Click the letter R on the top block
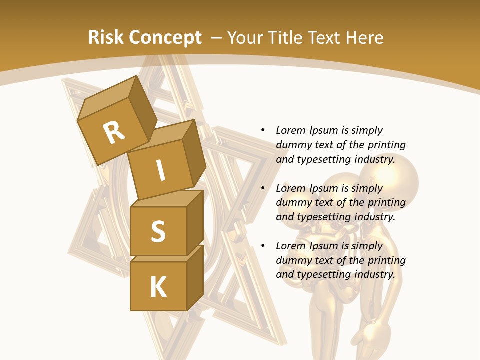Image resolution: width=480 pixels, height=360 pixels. [x=114, y=133]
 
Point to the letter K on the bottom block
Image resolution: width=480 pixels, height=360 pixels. [x=158, y=287]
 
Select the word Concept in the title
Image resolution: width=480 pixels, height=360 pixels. [x=165, y=37]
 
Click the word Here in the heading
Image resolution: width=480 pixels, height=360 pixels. [x=365, y=37]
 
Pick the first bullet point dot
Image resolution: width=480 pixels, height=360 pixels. [x=263, y=130]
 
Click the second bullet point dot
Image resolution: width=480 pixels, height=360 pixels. [x=263, y=188]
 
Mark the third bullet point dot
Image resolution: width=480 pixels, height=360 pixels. [x=263, y=246]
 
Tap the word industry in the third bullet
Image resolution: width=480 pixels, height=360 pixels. [x=374, y=274]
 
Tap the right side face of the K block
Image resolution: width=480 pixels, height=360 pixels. [x=195, y=277]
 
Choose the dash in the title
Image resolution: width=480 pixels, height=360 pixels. [x=217, y=37]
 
